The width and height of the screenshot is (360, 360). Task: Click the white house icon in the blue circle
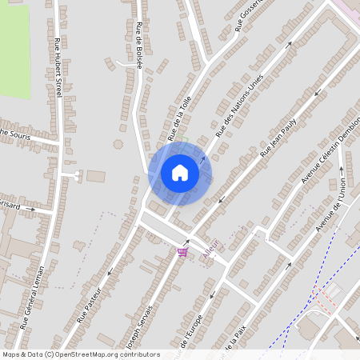[180, 173]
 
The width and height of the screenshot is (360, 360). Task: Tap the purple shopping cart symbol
[182, 253]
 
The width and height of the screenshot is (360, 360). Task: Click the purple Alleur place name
[212, 247]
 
